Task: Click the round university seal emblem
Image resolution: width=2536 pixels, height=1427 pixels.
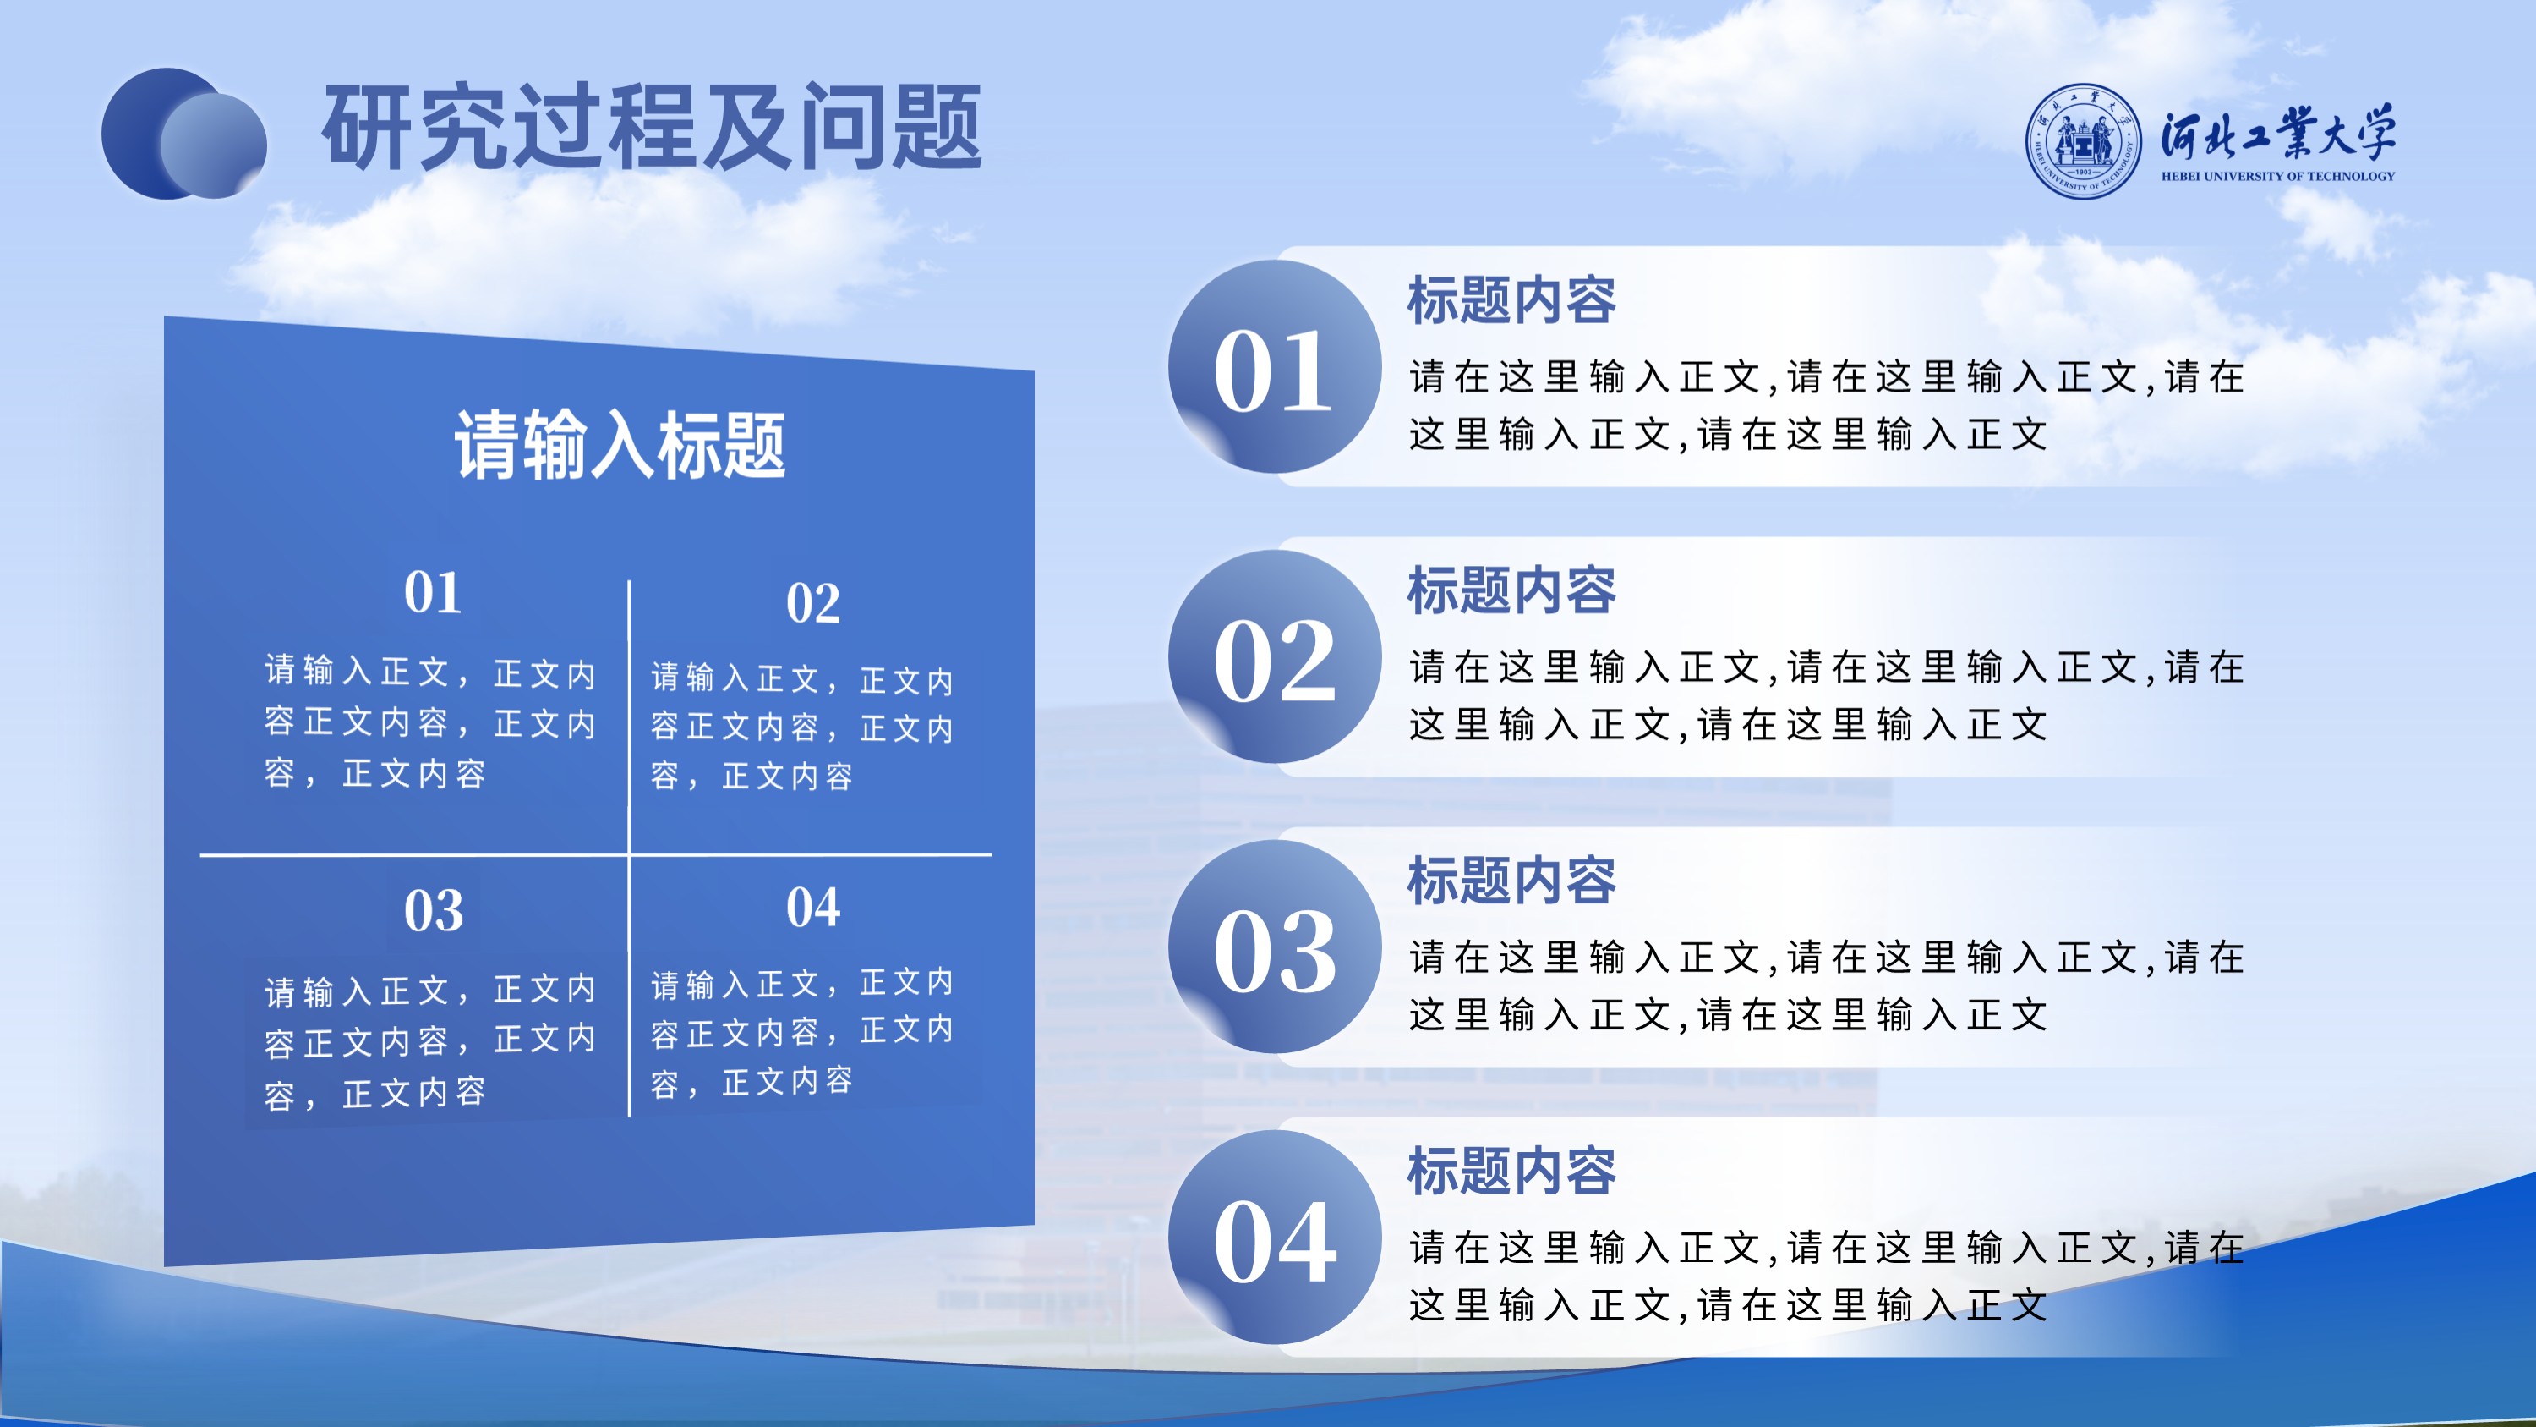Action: [2083, 140]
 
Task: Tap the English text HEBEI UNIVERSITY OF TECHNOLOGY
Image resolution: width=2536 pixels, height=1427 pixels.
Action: [2278, 176]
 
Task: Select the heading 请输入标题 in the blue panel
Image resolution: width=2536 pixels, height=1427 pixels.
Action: [620, 445]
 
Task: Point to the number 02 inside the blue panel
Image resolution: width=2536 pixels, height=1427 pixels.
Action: [813, 603]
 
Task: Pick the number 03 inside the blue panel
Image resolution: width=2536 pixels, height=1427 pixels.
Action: [433, 911]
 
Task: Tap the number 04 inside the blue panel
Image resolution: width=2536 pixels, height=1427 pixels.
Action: [813, 907]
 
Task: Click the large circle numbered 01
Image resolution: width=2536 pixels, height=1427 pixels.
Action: [1275, 366]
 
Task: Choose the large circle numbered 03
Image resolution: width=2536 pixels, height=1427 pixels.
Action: [1275, 947]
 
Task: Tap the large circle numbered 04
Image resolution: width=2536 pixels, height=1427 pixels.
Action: [1275, 1237]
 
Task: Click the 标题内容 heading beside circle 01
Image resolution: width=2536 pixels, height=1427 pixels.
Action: [1511, 300]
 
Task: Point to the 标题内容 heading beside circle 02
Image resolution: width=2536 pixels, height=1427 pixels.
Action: [1511, 591]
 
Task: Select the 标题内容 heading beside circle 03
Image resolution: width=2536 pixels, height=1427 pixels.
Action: [1511, 881]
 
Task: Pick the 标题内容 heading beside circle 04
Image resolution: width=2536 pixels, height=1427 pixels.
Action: [1511, 1171]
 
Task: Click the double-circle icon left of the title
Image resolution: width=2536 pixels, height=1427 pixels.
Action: [184, 133]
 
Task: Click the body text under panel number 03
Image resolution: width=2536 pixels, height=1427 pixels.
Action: [430, 1042]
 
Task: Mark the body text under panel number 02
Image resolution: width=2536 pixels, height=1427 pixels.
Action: [802, 727]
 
